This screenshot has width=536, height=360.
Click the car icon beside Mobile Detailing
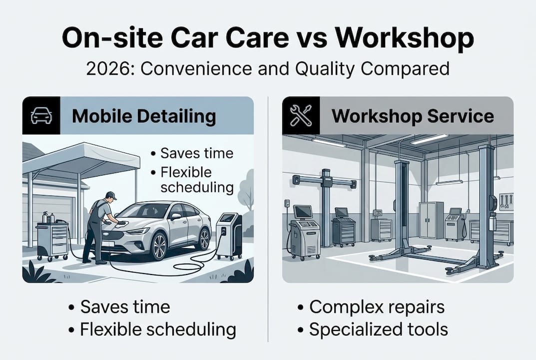[x=41, y=115]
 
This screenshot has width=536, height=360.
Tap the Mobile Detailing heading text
[x=144, y=116]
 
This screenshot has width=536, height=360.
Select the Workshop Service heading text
[x=413, y=116]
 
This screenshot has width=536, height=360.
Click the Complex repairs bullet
[x=377, y=307]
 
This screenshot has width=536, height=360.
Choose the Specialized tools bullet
[x=378, y=329]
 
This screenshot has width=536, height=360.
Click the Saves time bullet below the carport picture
[x=125, y=307]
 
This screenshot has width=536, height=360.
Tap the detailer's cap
[x=110, y=195]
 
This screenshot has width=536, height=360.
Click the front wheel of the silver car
[x=159, y=246]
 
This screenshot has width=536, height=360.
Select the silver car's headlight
[x=138, y=231]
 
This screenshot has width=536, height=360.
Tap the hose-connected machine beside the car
[x=229, y=235]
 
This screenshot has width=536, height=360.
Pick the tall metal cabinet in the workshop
[x=431, y=219]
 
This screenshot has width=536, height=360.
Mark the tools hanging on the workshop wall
[x=505, y=200]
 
